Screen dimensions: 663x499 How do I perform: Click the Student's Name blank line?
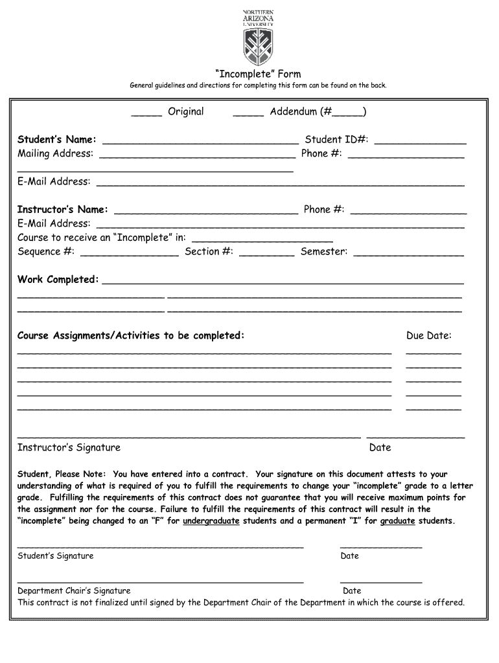point(201,142)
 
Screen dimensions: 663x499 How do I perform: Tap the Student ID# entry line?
point(420,142)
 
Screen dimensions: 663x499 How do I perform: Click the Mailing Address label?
point(55,153)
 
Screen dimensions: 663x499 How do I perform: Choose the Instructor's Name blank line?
point(205,212)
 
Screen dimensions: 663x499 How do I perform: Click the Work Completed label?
point(58,280)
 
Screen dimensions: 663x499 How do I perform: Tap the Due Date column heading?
point(429,335)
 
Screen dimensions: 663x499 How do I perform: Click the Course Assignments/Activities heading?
point(131,335)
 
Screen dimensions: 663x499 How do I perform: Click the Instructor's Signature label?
point(69,447)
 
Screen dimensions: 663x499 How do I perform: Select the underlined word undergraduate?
point(211,521)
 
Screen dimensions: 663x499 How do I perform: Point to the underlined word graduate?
point(397,521)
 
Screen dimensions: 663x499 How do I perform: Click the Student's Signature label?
point(55,556)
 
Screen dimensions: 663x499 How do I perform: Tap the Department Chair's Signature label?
point(74,590)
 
